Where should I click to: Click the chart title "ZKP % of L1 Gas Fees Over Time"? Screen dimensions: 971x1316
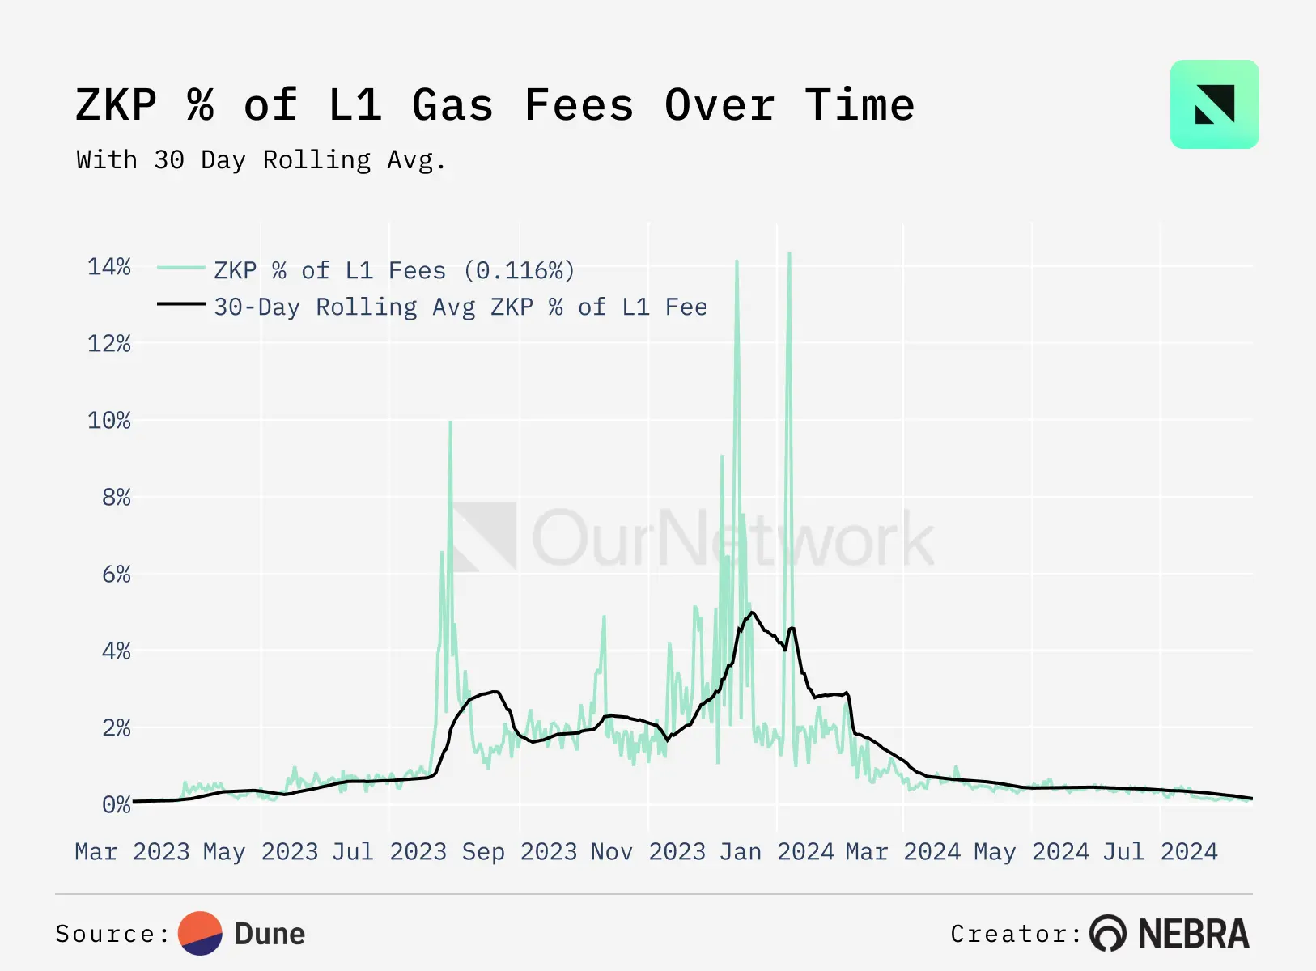pyautogui.click(x=495, y=106)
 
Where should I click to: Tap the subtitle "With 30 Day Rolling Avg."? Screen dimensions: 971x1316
pyautogui.click(x=261, y=160)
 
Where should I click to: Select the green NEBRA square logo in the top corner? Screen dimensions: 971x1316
pyautogui.click(x=1214, y=104)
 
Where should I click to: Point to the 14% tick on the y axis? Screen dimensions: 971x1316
pyautogui.click(x=109, y=267)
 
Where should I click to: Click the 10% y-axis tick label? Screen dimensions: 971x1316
pyautogui.click(x=109, y=421)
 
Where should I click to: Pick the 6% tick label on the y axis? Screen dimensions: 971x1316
pyautogui.click(x=117, y=575)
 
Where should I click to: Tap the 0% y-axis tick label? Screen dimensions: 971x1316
pyautogui.click(x=117, y=804)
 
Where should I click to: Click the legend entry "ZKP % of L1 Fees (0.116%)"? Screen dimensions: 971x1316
pyautogui.click(x=394, y=270)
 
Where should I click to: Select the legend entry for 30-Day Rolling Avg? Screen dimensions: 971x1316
pyautogui.click(x=460, y=307)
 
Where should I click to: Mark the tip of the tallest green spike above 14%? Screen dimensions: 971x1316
pyautogui.click(x=789, y=254)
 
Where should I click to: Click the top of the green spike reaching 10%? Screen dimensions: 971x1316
pyautogui.click(x=450, y=422)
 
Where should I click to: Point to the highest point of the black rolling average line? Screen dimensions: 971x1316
pyautogui.click(x=752, y=612)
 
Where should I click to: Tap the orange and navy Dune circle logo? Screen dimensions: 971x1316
pyautogui.click(x=200, y=934)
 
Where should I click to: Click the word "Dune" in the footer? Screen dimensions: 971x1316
pyautogui.click(x=270, y=934)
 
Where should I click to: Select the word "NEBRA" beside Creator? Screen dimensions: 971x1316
pyautogui.click(x=1194, y=934)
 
